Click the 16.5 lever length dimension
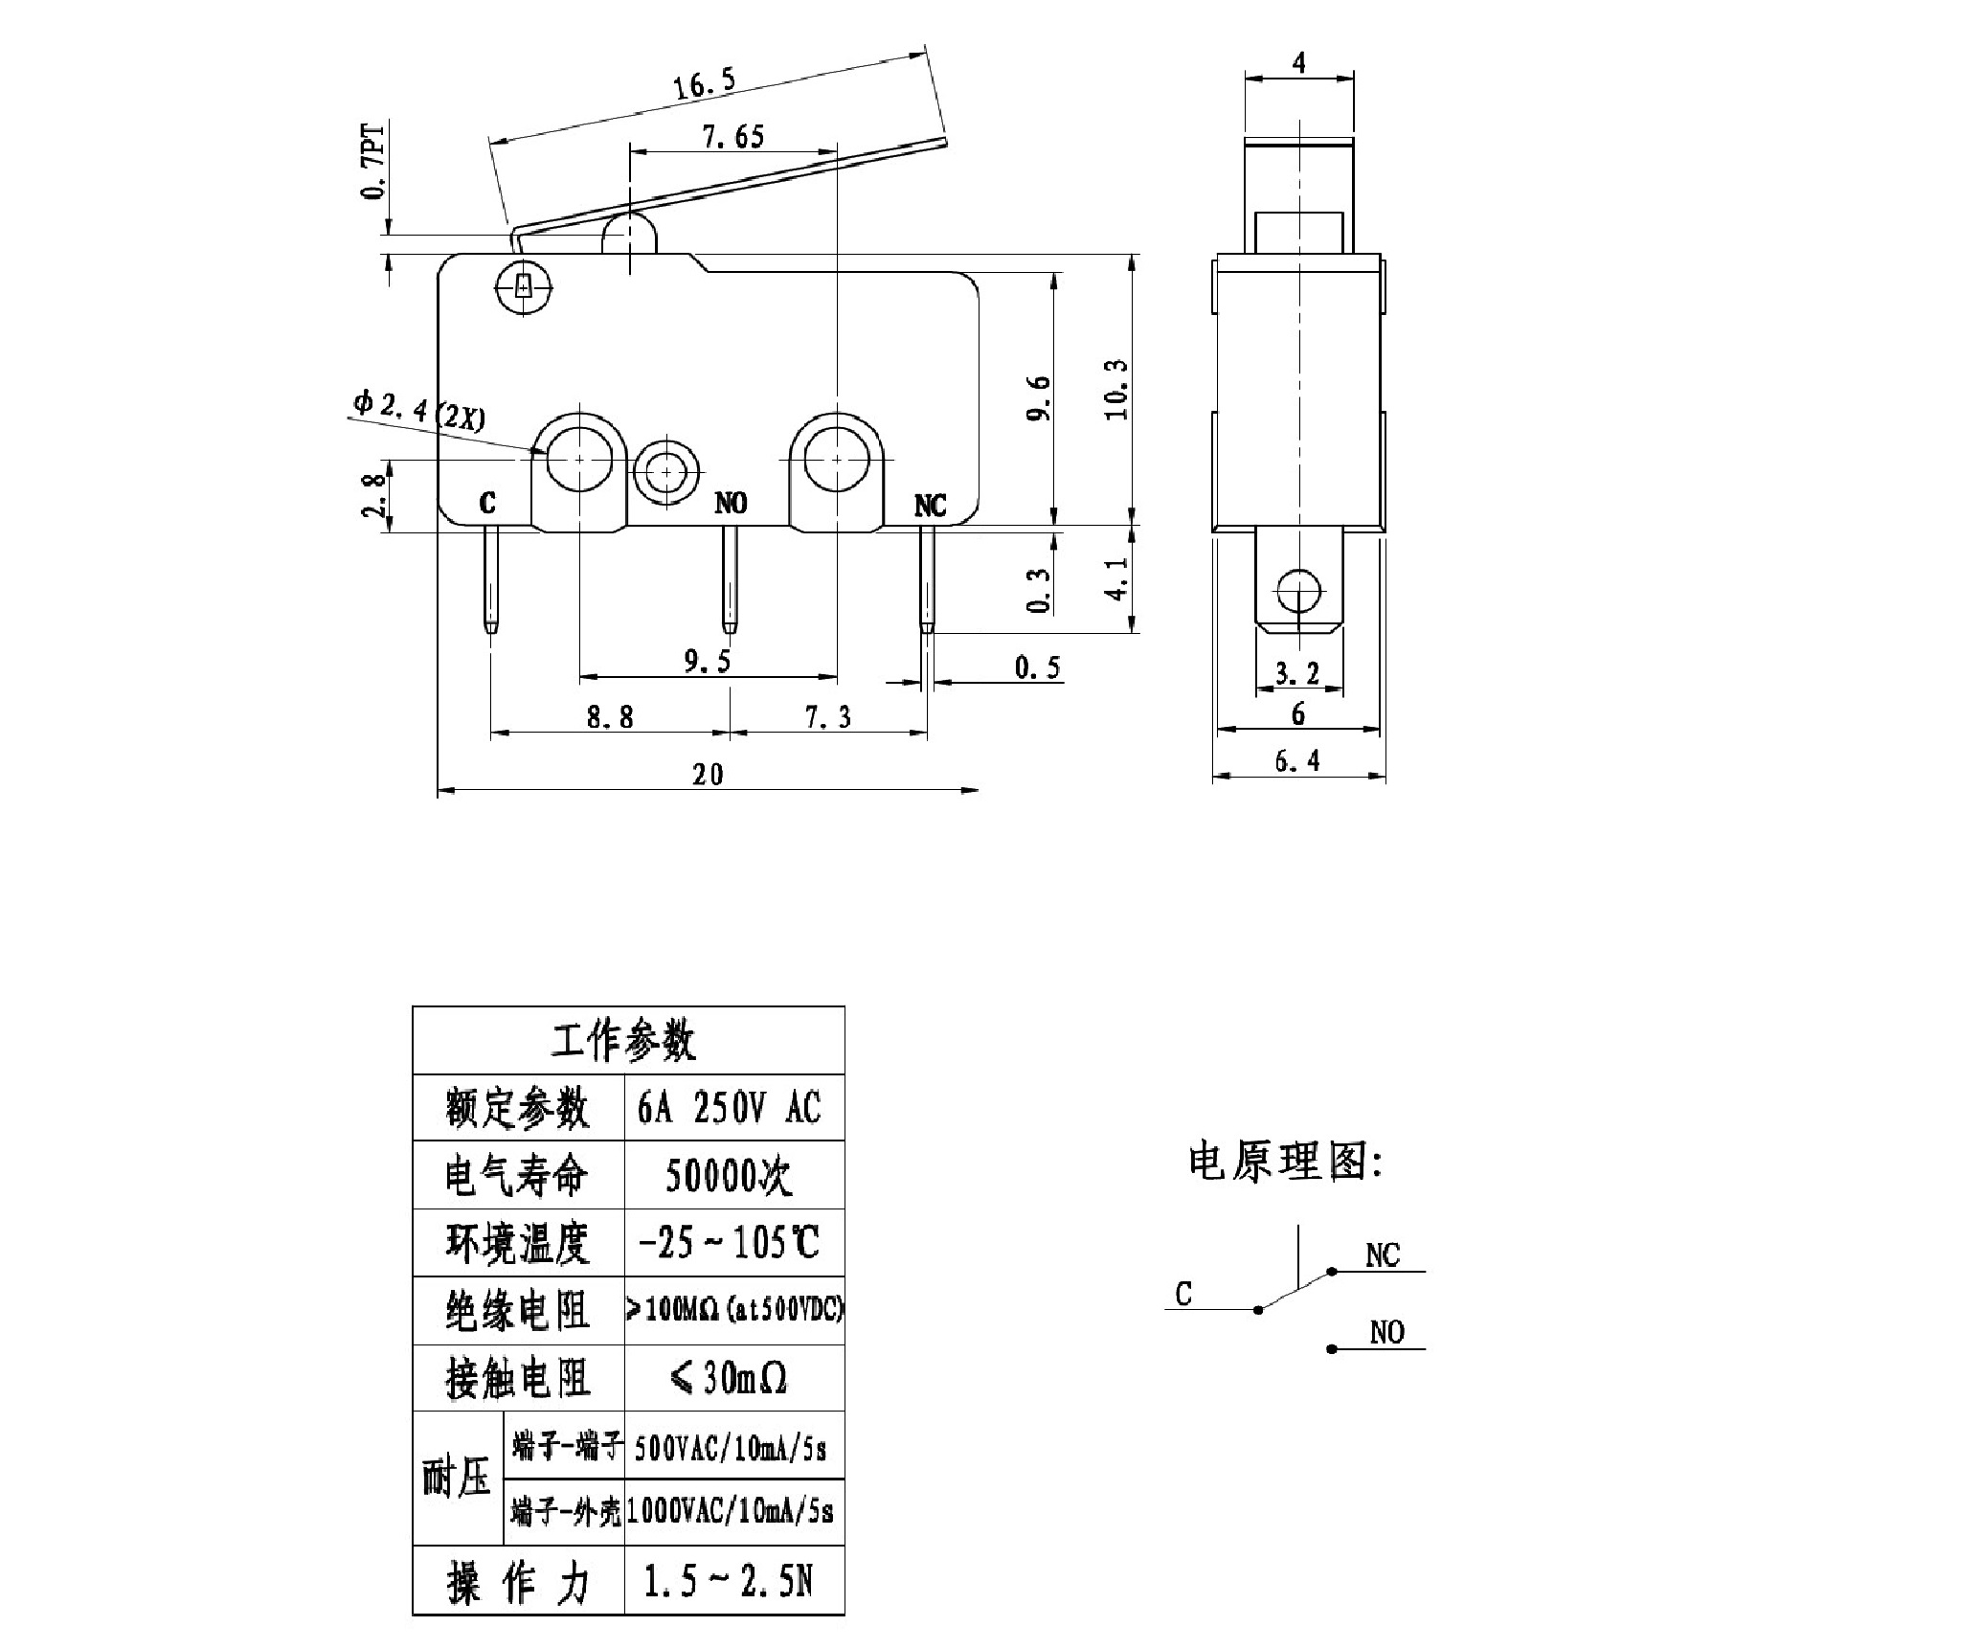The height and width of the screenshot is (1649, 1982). (x=704, y=85)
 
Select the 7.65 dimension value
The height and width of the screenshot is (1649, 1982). (x=733, y=137)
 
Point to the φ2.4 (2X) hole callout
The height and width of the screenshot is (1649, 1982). (x=419, y=410)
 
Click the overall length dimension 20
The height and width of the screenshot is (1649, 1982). (x=708, y=774)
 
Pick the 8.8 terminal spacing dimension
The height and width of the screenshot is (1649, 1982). (x=610, y=717)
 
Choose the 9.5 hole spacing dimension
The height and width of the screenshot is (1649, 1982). (x=708, y=662)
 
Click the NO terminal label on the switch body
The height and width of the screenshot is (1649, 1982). (x=731, y=504)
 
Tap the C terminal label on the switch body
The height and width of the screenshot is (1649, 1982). (x=487, y=504)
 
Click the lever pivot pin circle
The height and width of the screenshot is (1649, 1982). (x=523, y=285)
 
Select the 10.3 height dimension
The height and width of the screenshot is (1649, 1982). (x=1116, y=390)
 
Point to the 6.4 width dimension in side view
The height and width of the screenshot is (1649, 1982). (x=1297, y=761)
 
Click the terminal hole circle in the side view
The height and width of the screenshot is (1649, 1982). (x=1298, y=590)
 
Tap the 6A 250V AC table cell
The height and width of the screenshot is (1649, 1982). (x=730, y=1108)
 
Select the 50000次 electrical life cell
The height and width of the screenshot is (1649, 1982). (x=730, y=1176)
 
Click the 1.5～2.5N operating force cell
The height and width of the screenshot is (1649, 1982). (x=730, y=1581)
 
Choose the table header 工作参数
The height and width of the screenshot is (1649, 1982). (x=624, y=1041)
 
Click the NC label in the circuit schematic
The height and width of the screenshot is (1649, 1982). (x=1383, y=1255)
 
